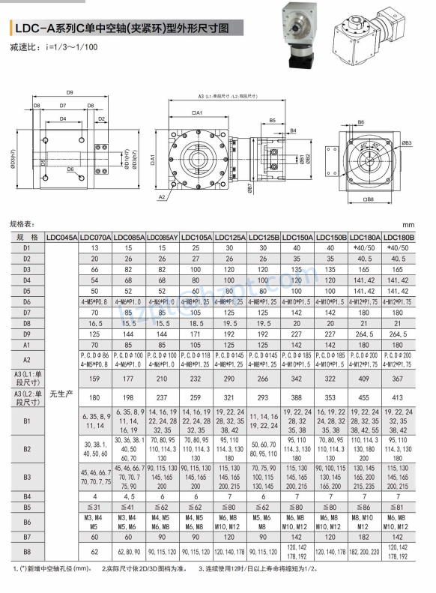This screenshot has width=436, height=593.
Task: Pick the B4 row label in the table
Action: tap(27, 496)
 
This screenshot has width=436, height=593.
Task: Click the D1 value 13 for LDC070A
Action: tap(95, 247)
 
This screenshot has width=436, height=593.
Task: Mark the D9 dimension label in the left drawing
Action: tap(69, 92)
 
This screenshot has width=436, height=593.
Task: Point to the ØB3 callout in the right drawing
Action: tap(407, 142)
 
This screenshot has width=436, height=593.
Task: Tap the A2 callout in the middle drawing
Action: tap(163, 196)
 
